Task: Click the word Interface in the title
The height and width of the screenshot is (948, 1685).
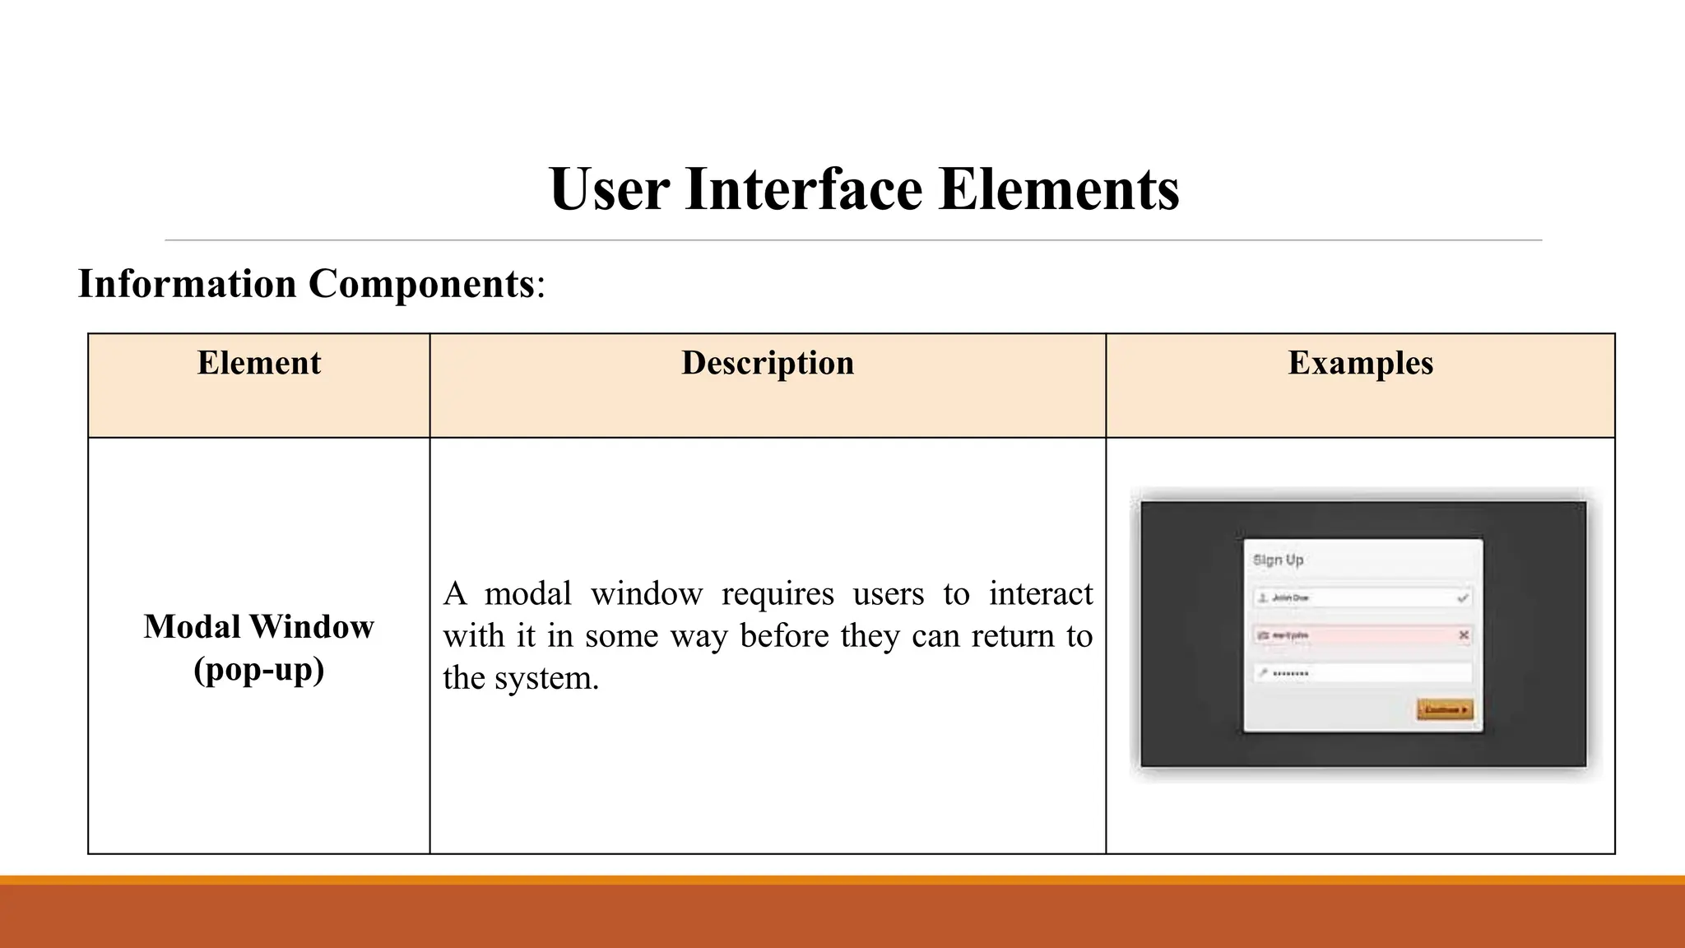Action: point(803,189)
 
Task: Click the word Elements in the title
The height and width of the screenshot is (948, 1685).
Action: point(1059,189)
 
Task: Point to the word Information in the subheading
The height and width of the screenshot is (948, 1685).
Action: point(187,284)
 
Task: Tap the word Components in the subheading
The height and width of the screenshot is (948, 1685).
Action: point(421,284)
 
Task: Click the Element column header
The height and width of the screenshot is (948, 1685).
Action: point(258,363)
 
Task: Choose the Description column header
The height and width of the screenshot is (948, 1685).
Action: point(768,363)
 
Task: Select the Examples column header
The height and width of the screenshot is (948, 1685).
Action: point(1360,363)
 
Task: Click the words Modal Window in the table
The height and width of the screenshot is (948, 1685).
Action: point(258,626)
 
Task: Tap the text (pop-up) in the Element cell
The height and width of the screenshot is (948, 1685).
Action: point(258,669)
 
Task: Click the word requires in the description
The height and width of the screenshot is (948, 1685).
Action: point(778,593)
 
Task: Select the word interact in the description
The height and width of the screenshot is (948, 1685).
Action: point(1040,593)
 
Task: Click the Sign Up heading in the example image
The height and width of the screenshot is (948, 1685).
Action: point(1278,560)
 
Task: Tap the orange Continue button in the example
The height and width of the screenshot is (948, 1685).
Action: point(1445,709)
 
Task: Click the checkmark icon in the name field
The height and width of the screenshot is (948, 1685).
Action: point(1462,598)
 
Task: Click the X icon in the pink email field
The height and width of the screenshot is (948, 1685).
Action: point(1464,635)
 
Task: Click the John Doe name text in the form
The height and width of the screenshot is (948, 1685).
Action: point(1290,598)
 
